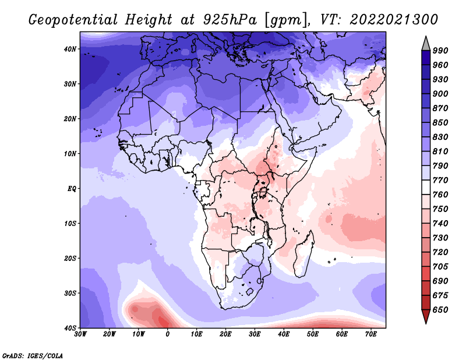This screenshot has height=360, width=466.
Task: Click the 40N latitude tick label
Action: (x=70, y=49)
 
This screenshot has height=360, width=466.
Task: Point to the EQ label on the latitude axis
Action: (x=72, y=189)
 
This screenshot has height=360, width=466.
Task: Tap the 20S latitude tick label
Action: (x=70, y=258)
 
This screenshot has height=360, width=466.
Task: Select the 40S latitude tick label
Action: (x=70, y=328)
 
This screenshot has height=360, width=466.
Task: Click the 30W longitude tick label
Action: (x=80, y=334)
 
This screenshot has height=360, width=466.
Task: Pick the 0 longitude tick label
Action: (x=168, y=334)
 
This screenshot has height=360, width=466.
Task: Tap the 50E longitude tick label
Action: (x=313, y=334)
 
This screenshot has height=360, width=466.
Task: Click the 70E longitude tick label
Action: (x=371, y=334)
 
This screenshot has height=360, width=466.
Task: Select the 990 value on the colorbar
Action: (x=440, y=51)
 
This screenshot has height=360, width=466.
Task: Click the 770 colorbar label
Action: (x=440, y=181)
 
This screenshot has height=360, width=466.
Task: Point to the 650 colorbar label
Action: (x=440, y=310)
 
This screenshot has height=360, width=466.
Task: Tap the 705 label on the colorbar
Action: (x=440, y=267)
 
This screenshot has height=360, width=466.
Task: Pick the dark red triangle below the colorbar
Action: (x=426, y=316)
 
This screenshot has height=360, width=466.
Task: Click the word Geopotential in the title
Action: (x=73, y=20)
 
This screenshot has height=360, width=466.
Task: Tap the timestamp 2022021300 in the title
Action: (x=394, y=20)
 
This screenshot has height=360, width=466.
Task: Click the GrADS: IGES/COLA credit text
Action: (x=33, y=356)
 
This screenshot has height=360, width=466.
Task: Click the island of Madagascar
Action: (x=303, y=254)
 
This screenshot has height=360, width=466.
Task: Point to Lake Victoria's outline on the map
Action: (x=263, y=192)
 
